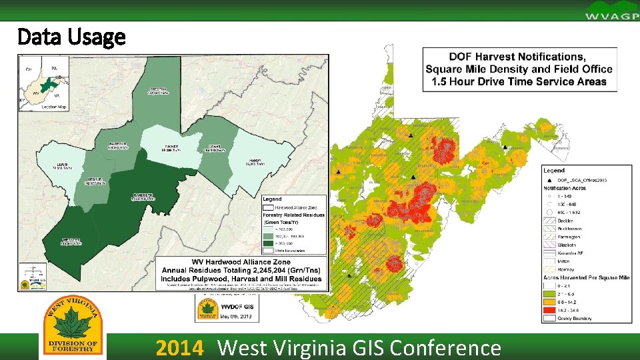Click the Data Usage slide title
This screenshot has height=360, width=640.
tap(71, 37)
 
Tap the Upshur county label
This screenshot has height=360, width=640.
tap(94, 181)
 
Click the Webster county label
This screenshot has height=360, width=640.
tap(71, 241)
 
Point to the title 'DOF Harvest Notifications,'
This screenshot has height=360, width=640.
tap(517, 57)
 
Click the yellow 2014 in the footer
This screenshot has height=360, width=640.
tap(178, 348)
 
